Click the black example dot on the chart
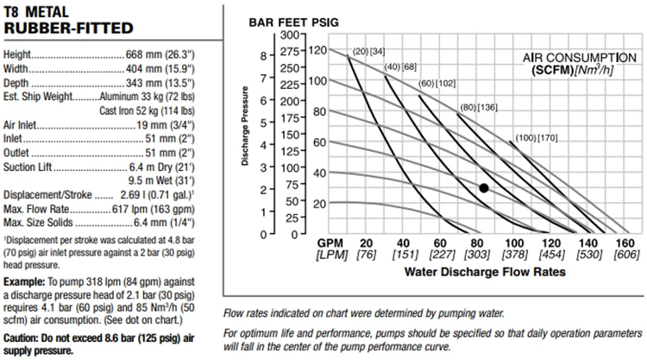pos(484,187)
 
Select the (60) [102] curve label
pos(438,83)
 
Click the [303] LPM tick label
pos(478,256)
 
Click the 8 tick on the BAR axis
pos(264,54)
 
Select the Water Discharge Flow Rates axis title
pos(484,271)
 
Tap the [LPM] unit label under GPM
pos(332,256)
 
